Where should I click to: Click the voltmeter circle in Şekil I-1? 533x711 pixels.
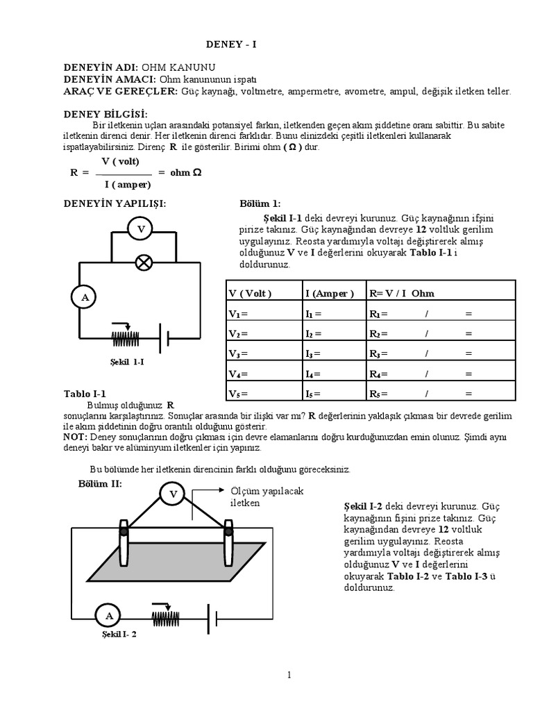[141, 228]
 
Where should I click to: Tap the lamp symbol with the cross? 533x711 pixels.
[144, 262]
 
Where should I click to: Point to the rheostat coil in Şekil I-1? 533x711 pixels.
[126, 339]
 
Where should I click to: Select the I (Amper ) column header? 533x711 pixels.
[329, 293]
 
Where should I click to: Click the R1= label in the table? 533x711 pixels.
[378, 313]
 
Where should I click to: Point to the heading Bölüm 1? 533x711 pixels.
[260, 203]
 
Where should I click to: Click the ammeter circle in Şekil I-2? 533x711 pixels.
[108, 615]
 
